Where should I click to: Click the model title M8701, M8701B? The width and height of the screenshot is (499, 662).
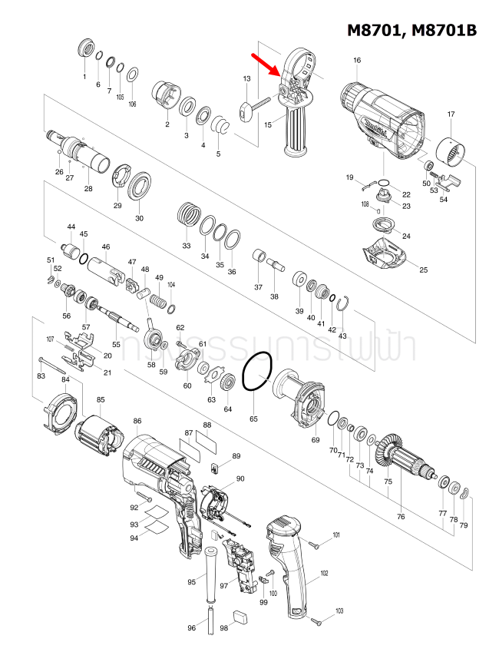(411, 30)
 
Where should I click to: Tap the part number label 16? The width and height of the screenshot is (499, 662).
(356, 61)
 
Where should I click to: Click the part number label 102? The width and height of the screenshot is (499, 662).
(324, 574)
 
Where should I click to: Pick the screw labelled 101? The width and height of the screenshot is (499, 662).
(316, 544)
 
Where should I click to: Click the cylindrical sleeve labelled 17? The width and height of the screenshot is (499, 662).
(453, 152)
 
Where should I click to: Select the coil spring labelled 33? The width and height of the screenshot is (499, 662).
(188, 213)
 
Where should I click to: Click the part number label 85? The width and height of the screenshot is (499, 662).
(101, 399)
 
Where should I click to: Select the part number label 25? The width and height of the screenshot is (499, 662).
(423, 270)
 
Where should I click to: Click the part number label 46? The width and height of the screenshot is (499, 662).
(106, 247)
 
